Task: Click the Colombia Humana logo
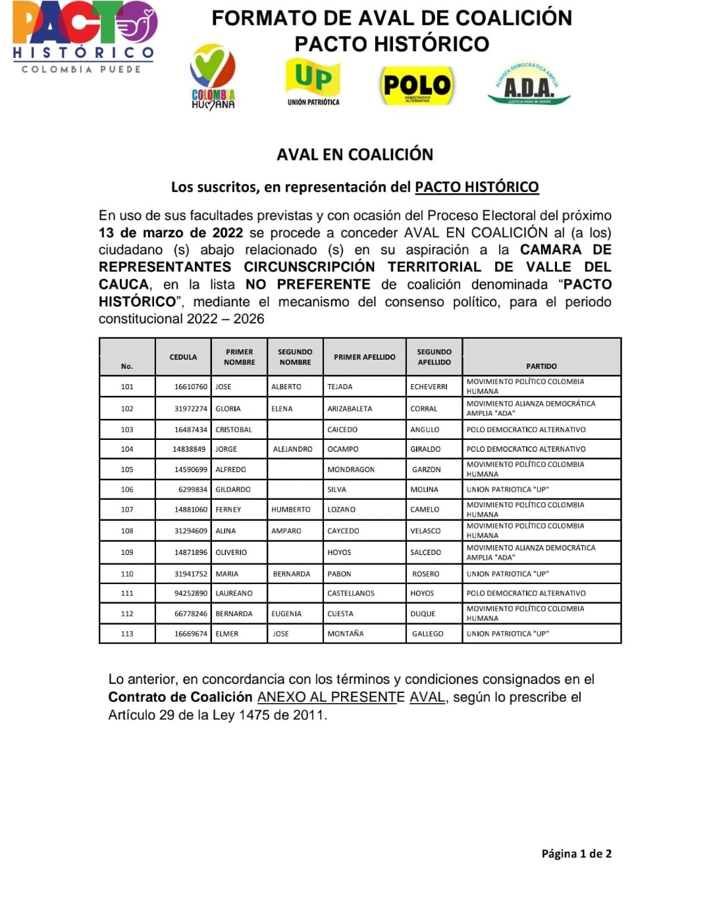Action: pos(213,76)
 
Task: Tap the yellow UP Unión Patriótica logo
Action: pos(313,82)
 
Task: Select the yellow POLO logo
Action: pos(417,85)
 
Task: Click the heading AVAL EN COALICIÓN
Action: pos(355,155)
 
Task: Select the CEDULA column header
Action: pos(183,357)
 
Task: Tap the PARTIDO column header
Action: pos(541,366)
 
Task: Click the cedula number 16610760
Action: pos(190,387)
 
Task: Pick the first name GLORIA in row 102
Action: pos(228,408)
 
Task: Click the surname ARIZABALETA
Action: pos(350,408)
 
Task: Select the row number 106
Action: pos(127,489)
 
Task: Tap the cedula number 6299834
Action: pos(192,489)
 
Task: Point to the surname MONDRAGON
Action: pos(351,469)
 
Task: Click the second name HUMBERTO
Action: pos(290,510)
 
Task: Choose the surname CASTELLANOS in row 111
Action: pos(351,593)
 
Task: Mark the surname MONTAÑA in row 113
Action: pos(346,634)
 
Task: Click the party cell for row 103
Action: pos(526,429)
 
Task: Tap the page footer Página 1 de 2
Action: pos(576,854)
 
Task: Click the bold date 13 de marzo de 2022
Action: pos(171,233)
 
